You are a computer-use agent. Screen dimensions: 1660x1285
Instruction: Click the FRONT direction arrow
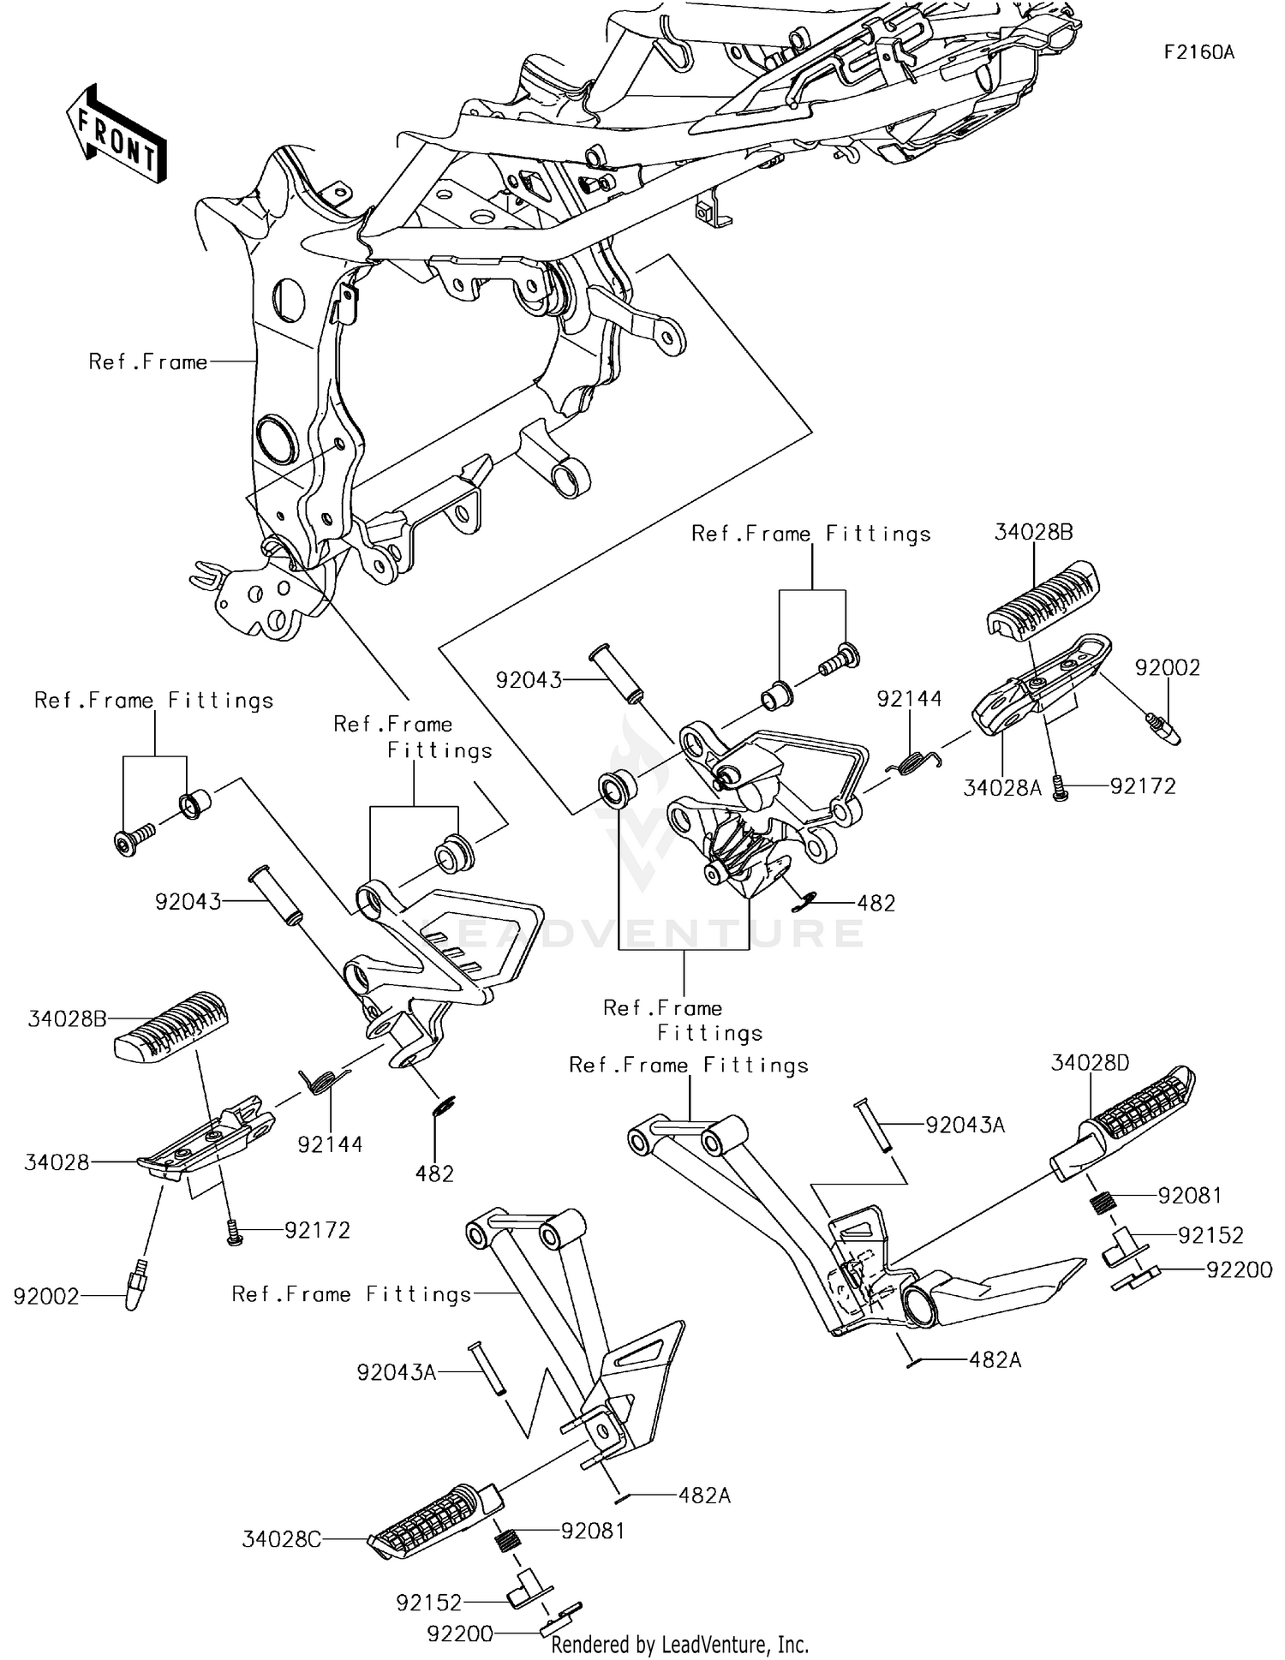click(x=116, y=134)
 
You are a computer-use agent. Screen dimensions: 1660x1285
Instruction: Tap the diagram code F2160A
click(x=1198, y=52)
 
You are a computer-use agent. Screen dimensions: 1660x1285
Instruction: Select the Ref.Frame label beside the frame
click(x=147, y=361)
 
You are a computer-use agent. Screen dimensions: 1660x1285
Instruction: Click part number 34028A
click(x=1001, y=788)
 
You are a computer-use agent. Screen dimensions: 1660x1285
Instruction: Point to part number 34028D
click(x=1090, y=1063)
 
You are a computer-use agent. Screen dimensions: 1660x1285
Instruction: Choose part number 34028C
click(x=281, y=1539)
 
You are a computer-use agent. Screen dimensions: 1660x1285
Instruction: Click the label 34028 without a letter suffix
click(x=57, y=1162)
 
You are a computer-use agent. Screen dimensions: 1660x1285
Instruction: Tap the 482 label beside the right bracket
click(x=876, y=903)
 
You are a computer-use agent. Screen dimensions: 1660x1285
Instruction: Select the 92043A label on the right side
click(x=965, y=1125)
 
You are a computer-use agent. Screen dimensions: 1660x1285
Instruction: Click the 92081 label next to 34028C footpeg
click(x=592, y=1531)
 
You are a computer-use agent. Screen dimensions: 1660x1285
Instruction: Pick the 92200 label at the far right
click(x=1239, y=1270)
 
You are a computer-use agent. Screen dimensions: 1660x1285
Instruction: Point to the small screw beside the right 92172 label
click(x=1062, y=786)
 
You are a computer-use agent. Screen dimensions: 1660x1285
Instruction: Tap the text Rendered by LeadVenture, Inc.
click(x=679, y=1645)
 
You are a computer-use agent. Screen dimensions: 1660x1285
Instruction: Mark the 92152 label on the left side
click(x=428, y=1602)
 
